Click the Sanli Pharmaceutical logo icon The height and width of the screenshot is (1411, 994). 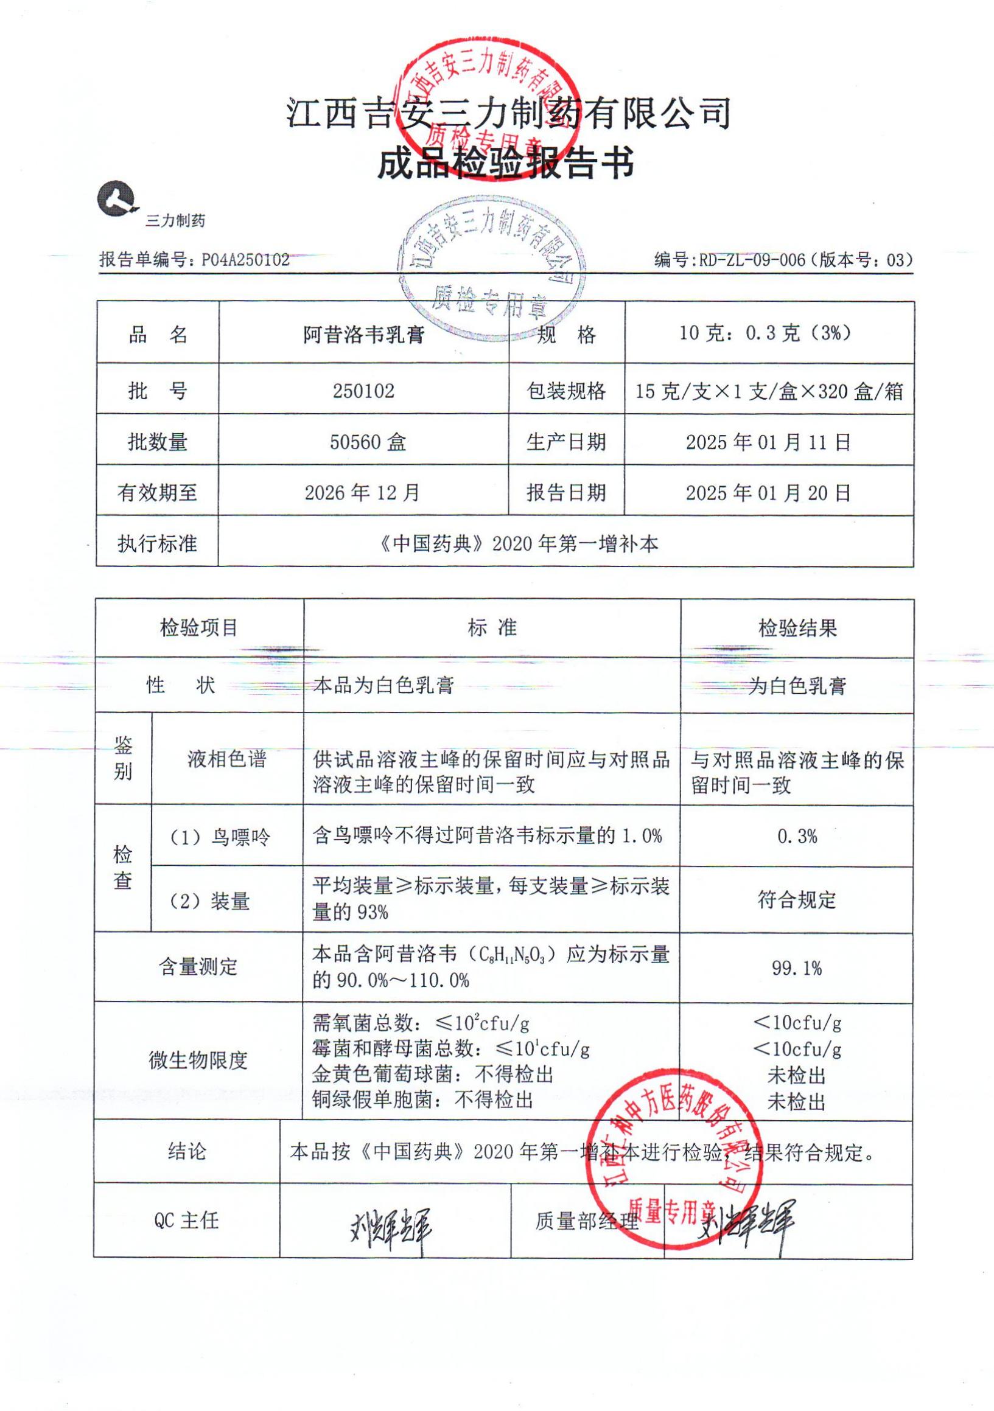coord(116,198)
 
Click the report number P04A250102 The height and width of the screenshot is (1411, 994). coord(246,260)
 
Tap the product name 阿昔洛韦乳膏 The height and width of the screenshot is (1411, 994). coord(364,335)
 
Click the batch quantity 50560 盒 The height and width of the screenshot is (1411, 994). coord(368,442)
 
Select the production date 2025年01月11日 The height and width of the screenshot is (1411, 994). coord(768,442)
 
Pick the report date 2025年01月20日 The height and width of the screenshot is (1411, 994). coord(768,492)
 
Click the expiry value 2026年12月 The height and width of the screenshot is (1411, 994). coord(362,492)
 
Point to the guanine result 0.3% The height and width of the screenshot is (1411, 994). coord(797,837)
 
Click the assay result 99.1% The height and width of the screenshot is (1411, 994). coord(797,969)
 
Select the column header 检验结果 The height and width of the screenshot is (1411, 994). coord(797,628)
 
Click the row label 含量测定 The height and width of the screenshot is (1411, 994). coord(198,967)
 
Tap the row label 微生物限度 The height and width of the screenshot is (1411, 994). coord(198,1060)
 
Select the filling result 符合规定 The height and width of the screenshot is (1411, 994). coord(797,901)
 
